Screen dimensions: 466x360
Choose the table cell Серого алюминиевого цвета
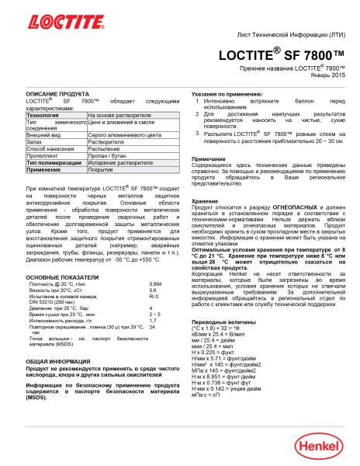pos(124,134)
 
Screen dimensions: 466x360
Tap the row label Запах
pos(35,141)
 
